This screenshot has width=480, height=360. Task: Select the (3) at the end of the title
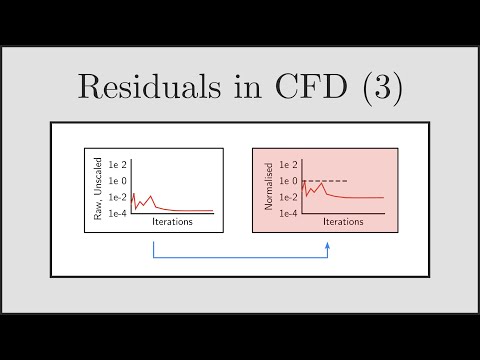click(381, 89)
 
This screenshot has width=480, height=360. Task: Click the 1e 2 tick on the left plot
click(118, 164)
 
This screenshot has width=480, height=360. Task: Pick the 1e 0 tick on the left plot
click(118, 181)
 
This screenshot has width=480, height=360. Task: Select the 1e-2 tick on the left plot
click(118, 198)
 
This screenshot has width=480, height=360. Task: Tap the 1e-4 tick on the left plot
click(118, 214)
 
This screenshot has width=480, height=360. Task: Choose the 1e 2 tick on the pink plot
click(290, 164)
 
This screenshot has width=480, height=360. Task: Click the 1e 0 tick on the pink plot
click(290, 181)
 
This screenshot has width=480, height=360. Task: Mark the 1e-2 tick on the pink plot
click(290, 198)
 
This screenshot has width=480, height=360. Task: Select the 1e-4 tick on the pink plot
click(290, 214)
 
